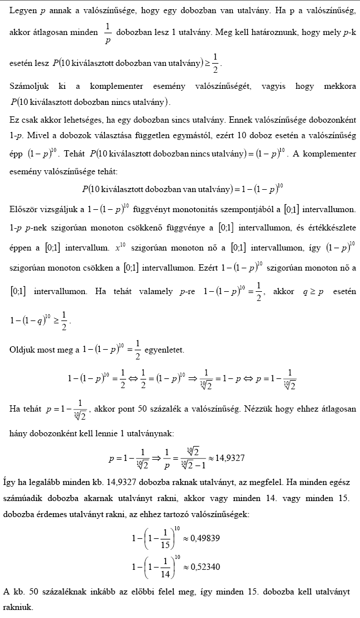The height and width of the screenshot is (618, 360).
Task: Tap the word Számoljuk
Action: [29, 86]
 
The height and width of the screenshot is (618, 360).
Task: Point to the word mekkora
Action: [339, 86]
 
